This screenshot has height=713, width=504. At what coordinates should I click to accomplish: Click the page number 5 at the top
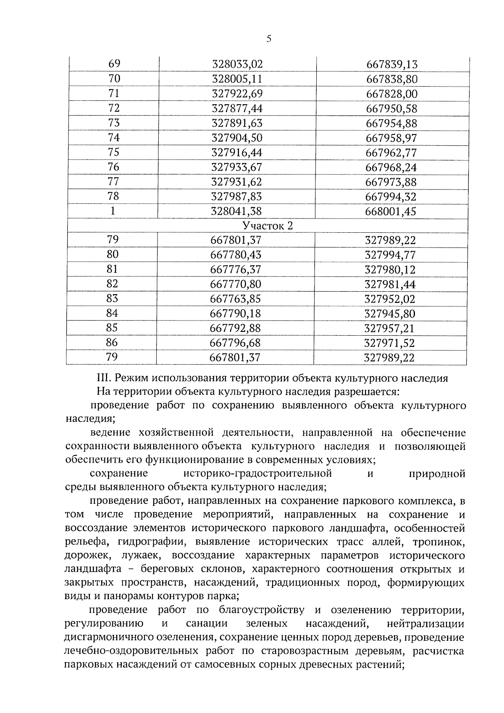[269, 39]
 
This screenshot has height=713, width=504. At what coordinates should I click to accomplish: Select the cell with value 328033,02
[237, 64]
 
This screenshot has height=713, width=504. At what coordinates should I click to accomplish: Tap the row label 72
[114, 108]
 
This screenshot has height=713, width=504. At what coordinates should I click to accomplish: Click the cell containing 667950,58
[391, 109]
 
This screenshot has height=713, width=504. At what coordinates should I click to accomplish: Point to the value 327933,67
[237, 167]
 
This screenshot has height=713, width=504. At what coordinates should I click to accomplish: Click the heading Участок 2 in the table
[268, 226]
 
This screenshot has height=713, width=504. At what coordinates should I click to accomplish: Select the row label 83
[112, 298]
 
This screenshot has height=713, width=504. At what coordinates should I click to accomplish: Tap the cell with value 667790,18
[235, 313]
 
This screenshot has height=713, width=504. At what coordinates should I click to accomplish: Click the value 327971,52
[389, 343]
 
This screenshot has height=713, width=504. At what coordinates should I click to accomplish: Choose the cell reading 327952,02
[390, 299]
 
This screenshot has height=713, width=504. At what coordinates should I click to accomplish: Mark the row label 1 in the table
[113, 211]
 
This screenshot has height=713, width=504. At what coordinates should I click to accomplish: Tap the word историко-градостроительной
[257, 474]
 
